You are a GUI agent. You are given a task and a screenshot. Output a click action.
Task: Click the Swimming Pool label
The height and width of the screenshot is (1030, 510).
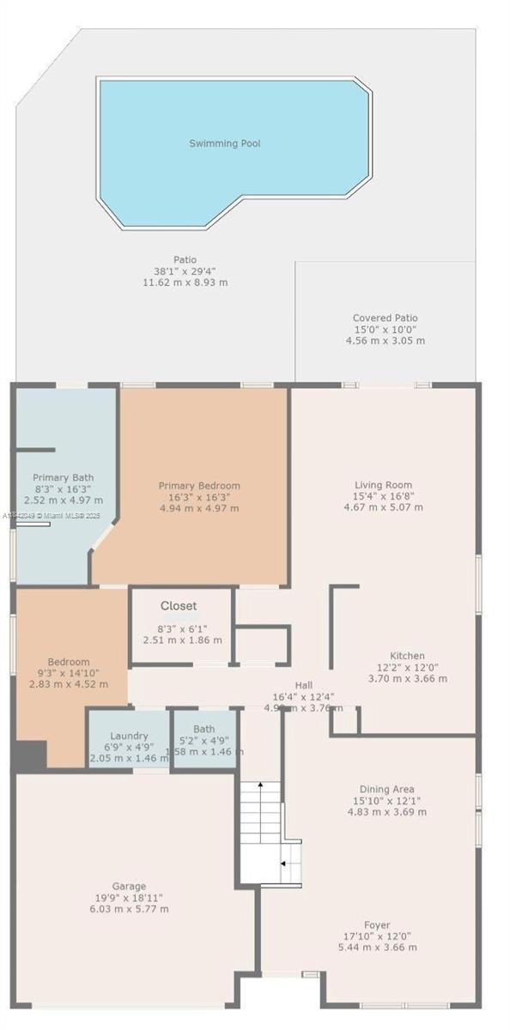(x=225, y=143)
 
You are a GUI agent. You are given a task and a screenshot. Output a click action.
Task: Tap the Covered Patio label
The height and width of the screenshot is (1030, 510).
(x=385, y=318)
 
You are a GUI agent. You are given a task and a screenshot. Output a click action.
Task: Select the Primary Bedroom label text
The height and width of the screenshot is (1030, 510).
(x=199, y=486)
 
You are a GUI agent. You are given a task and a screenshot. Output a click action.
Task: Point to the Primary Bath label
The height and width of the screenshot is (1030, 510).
(x=64, y=478)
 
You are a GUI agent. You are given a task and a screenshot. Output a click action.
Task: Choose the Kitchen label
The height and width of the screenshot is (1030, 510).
(x=407, y=657)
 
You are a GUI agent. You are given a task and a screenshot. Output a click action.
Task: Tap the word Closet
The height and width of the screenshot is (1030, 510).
(x=179, y=606)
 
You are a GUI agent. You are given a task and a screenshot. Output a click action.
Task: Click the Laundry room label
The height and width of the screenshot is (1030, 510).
(x=130, y=736)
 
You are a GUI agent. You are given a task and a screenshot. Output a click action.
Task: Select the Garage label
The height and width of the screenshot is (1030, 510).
(x=129, y=887)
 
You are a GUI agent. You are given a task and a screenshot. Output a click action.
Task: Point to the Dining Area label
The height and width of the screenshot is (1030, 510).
(x=386, y=789)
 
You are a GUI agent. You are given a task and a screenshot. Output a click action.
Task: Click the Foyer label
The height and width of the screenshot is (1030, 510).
(x=377, y=925)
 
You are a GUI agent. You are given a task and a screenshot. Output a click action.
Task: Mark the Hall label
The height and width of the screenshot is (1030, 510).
(x=304, y=685)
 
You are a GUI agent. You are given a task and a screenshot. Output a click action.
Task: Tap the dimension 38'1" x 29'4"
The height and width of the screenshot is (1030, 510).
(x=185, y=271)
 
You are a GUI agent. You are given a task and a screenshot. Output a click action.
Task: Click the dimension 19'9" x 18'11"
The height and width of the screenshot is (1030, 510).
(x=130, y=898)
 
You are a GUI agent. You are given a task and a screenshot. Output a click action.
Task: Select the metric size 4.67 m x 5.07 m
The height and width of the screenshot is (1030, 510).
(x=384, y=507)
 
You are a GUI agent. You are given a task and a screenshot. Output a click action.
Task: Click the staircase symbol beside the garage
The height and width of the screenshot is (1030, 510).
(x=269, y=833)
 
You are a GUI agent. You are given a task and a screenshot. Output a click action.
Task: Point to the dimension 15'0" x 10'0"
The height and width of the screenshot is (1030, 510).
(x=385, y=330)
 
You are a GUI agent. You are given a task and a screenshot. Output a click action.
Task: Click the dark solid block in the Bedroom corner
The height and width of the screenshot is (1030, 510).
(x=30, y=754)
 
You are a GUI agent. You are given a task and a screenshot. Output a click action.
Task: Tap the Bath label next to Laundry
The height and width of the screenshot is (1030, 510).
(x=204, y=729)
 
